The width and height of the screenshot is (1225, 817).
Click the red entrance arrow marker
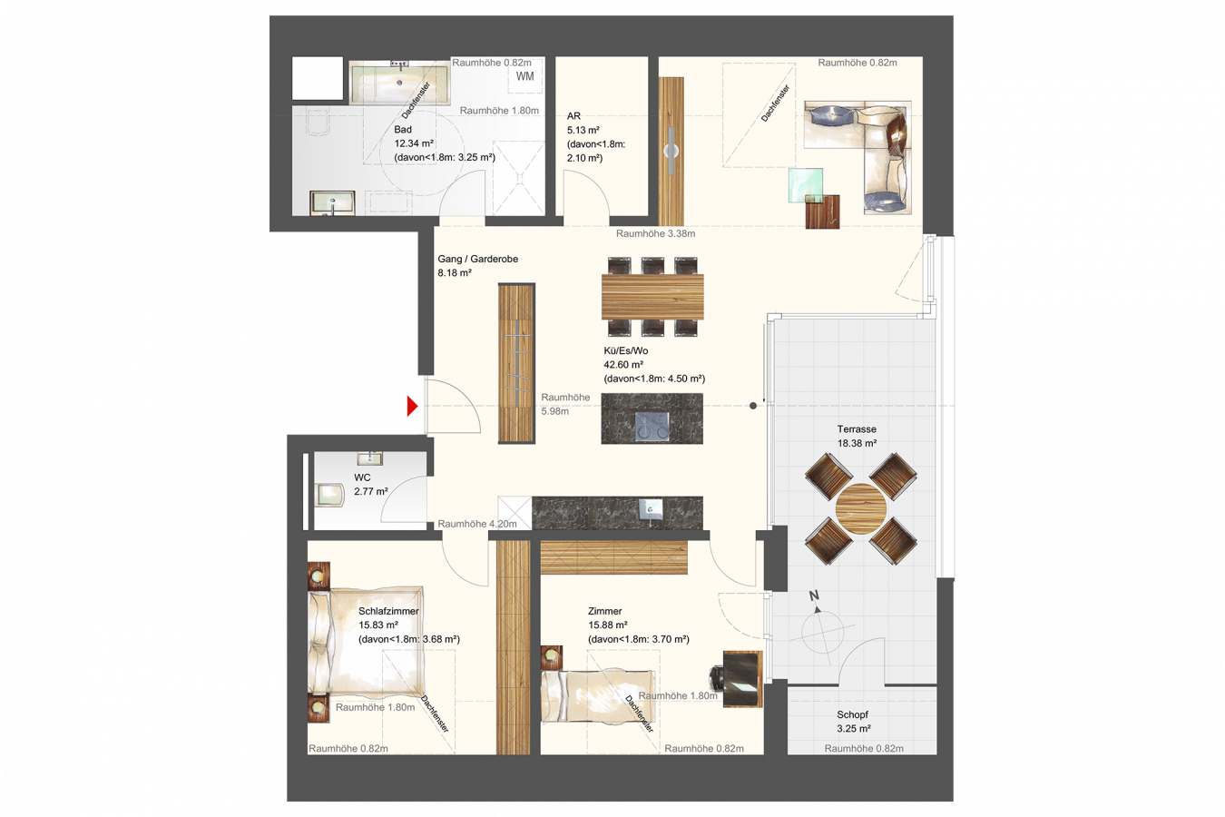click(x=412, y=406)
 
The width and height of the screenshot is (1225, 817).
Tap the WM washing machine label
click(x=525, y=76)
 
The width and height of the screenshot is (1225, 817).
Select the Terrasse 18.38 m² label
click(x=857, y=436)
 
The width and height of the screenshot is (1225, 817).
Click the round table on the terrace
click(x=861, y=508)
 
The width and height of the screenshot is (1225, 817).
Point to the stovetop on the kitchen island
click(x=652, y=426)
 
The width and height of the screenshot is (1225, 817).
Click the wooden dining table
click(x=652, y=296)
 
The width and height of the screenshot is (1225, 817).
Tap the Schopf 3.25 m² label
click(x=853, y=722)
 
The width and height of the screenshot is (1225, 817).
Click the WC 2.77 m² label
click(x=371, y=484)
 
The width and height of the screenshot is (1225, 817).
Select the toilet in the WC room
click(x=329, y=496)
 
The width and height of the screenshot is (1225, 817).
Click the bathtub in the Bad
click(x=399, y=83)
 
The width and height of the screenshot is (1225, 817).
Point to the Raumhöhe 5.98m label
click(x=565, y=404)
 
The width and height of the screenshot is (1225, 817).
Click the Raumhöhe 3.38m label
click(x=656, y=233)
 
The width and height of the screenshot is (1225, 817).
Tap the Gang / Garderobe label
click(x=477, y=259)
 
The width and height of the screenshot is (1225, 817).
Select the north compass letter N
click(x=814, y=596)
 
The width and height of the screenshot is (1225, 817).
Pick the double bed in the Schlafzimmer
click(x=366, y=642)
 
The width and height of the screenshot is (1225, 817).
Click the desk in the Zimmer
click(x=742, y=678)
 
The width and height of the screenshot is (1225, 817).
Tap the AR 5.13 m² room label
click(x=583, y=123)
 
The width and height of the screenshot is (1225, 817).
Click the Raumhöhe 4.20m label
click(x=477, y=524)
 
